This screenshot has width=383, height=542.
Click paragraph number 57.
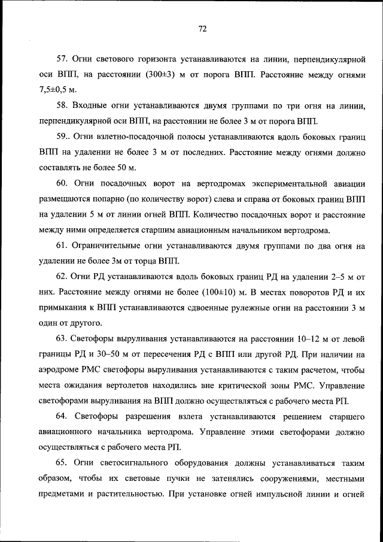point(62,60)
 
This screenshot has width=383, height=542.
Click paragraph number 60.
point(62,182)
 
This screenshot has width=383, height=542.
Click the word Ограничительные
point(110,245)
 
